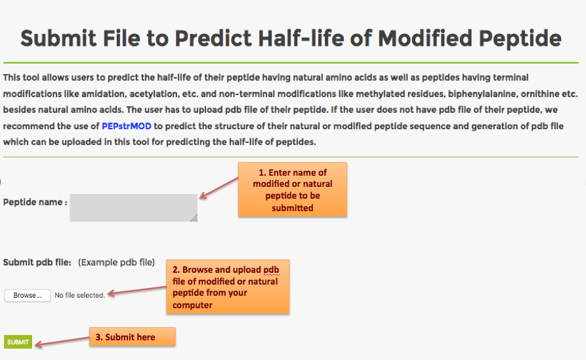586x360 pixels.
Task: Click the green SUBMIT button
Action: pos(18,342)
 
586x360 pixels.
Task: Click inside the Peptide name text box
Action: pos(133,208)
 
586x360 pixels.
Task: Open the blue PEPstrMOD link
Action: pos(126,126)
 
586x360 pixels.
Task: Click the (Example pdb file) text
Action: pos(116,262)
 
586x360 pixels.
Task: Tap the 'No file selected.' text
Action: pos(79,295)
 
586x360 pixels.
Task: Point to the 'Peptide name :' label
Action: pos(35,202)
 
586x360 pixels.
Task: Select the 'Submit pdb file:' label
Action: pos(37,262)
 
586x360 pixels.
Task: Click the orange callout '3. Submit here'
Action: pos(133,337)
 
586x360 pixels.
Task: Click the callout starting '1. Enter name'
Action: pos(293,190)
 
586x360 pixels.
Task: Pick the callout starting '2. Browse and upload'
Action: pos(228,287)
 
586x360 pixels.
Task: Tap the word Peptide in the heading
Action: pos(520,38)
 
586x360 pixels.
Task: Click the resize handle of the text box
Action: pos(194,218)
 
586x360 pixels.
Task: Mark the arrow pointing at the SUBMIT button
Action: pos(62,342)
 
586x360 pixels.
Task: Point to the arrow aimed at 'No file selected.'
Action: pos(136,290)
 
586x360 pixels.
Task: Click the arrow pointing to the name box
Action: pos(219,188)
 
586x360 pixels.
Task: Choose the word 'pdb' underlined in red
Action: pos(271,270)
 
